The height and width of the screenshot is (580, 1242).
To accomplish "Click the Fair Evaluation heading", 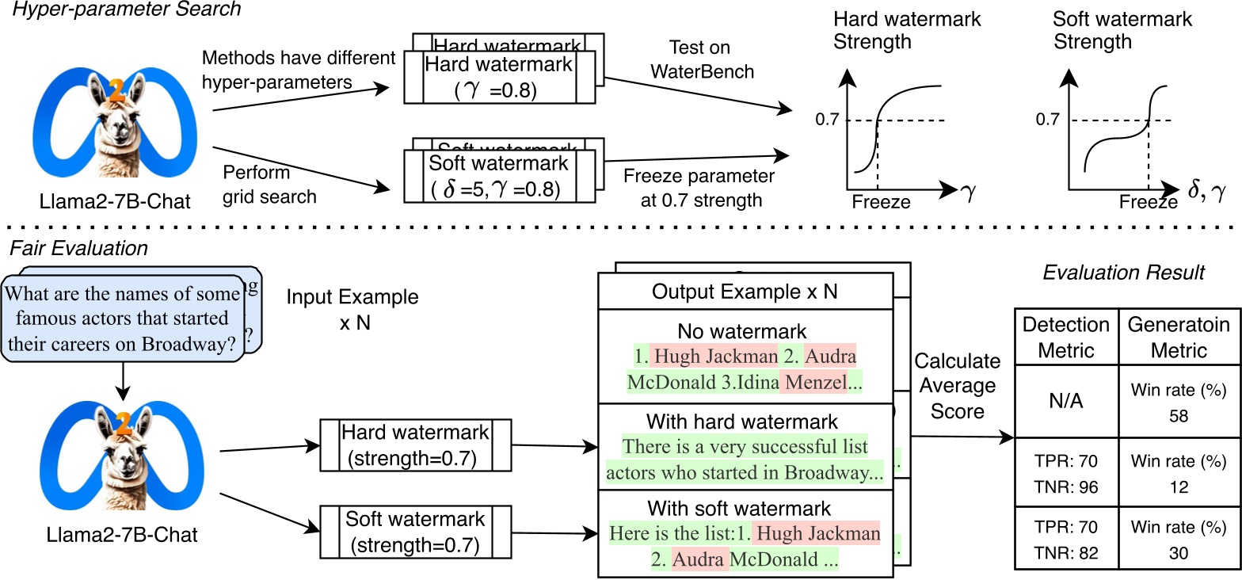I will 78,248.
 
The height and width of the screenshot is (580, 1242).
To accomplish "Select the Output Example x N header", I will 745,292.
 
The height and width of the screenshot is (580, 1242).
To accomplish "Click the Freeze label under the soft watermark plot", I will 1148,203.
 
